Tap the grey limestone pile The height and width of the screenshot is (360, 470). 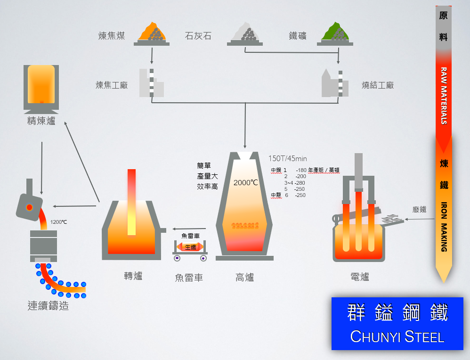pyautogui.click(x=244, y=33)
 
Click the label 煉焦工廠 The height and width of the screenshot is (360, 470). pyautogui.click(x=112, y=85)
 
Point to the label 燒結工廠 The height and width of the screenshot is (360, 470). pyautogui.click(x=378, y=85)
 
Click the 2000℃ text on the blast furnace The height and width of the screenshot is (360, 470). pyautogui.click(x=246, y=182)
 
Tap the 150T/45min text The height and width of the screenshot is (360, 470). pyautogui.click(x=287, y=159)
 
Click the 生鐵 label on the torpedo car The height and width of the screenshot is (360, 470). pyautogui.click(x=190, y=247)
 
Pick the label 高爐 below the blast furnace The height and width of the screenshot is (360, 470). pyautogui.click(x=244, y=278)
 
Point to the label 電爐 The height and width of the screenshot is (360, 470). pyautogui.click(x=360, y=277)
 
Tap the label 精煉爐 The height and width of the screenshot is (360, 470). pyautogui.click(x=41, y=121)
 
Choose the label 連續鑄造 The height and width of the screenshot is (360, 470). pyautogui.click(x=48, y=306)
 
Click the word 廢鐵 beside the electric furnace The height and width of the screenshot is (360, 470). pyautogui.click(x=419, y=209)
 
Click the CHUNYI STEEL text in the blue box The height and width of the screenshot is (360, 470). pyautogui.click(x=397, y=337)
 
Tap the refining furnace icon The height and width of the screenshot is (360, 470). pyautogui.click(x=41, y=87)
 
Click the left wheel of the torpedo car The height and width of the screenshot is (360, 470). pyautogui.click(x=177, y=258)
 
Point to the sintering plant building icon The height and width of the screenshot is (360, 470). pyautogui.click(x=335, y=83)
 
